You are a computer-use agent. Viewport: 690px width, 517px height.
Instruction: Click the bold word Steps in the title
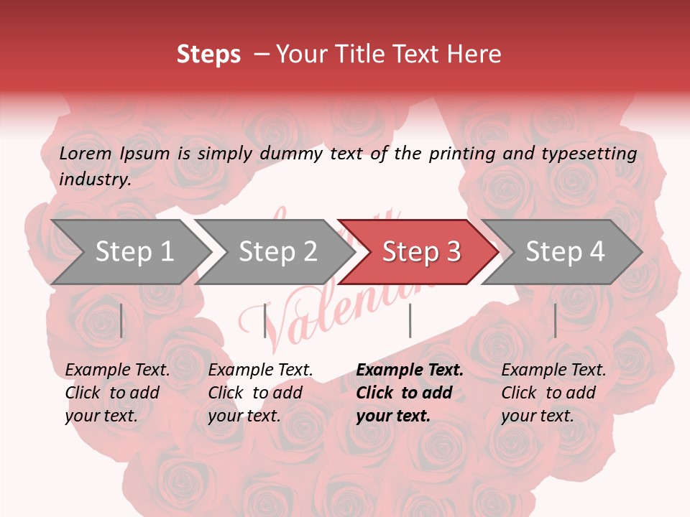[208, 55]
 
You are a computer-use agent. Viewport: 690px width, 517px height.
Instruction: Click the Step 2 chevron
[277, 252]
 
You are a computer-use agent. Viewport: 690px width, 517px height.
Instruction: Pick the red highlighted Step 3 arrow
[420, 252]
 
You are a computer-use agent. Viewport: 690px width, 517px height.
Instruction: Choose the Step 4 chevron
[564, 252]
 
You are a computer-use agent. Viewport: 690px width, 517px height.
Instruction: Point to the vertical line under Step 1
[121, 320]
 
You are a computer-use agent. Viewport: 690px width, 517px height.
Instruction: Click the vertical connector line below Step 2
[265, 320]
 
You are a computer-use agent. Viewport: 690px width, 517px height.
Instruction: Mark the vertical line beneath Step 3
[410, 320]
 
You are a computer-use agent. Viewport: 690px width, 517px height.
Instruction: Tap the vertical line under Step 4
[555, 320]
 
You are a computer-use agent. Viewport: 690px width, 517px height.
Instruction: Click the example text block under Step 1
[116, 393]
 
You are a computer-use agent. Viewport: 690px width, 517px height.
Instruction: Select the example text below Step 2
[259, 393]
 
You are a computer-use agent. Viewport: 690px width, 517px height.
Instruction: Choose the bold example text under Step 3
[409, 393]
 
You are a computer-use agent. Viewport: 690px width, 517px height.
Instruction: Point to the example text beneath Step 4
[553, 393]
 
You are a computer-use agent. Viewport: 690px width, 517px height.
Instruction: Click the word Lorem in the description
[86, 154]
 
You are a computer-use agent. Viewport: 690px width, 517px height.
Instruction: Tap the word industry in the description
[94, 180]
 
